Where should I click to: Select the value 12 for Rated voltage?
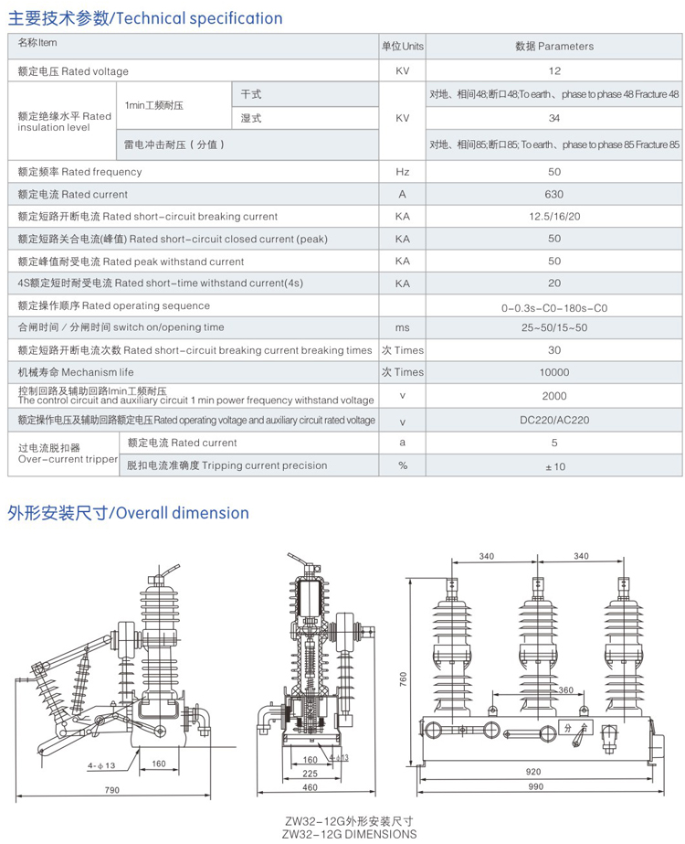tap(554, 70)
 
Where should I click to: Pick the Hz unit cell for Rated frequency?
tap(403, 172)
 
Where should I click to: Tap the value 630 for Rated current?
tap(554, 194)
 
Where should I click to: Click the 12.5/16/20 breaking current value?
tap(554, 217)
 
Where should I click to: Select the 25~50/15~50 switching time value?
tap(554, 327)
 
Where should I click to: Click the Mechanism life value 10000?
tap(554, 372)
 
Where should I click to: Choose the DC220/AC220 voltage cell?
tap(554, 421)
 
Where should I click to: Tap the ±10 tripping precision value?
tap(554, 466)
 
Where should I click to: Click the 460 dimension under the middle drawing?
tap(310, 787)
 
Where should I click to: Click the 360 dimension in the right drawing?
tap(565, 690)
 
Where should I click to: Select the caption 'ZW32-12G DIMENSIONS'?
tap(349, 833)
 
